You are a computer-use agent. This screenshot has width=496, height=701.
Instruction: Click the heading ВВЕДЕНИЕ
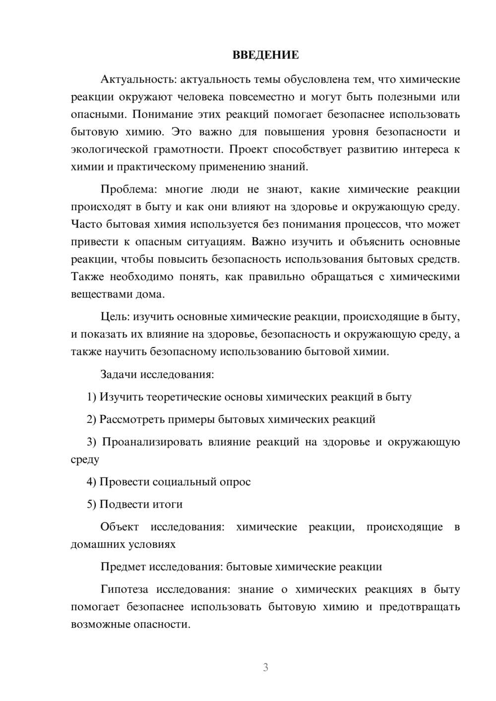(265, 55)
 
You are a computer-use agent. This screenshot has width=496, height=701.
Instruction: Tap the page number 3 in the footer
(265, 667)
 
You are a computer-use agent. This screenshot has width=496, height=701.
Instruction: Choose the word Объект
(120, 526)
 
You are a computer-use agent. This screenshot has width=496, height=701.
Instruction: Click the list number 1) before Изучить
(91, 397)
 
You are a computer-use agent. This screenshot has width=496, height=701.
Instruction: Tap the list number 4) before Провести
(91, 481)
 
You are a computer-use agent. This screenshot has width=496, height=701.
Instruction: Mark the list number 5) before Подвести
(91, 504)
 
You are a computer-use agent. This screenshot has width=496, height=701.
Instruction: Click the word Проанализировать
(152, 442)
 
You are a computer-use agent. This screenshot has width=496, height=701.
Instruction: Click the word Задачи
(119, 374)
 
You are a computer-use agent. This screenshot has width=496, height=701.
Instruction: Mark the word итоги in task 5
(167, 504)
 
